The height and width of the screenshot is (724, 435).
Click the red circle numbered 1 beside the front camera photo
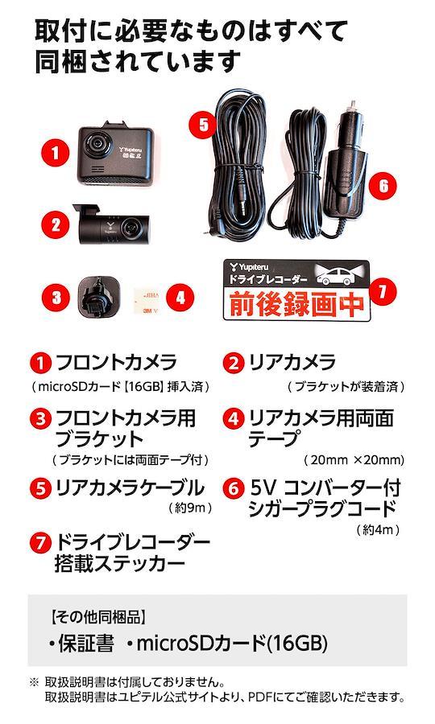[55, 152]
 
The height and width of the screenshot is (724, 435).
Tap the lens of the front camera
[97, 144]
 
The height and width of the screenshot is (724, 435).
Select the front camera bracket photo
[99, 297]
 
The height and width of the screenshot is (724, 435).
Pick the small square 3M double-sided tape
[146, 302]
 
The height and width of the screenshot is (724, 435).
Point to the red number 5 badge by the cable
[203, 124]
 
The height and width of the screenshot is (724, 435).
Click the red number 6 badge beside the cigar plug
[383, 186]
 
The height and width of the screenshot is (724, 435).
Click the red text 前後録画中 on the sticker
[296, 304]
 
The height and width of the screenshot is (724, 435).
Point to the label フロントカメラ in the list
[115, 363]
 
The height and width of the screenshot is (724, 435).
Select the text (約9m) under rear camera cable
[190, 508]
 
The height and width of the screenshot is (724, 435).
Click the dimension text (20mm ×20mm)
[354, 460]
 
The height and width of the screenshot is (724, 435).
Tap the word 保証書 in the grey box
[86, 643]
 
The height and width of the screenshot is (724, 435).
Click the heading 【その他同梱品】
[97, 617]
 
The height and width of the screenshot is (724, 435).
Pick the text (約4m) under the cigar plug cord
[378, 529]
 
